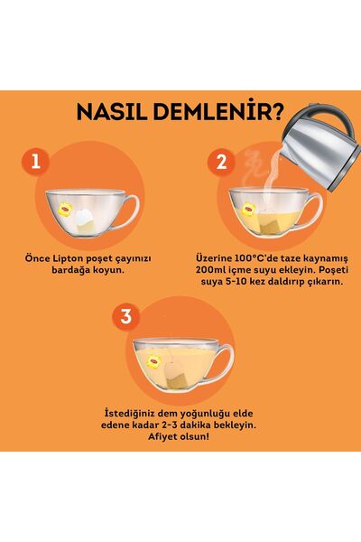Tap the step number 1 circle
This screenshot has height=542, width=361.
point(35,163)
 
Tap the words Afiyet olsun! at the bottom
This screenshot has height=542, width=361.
point(180,437)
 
